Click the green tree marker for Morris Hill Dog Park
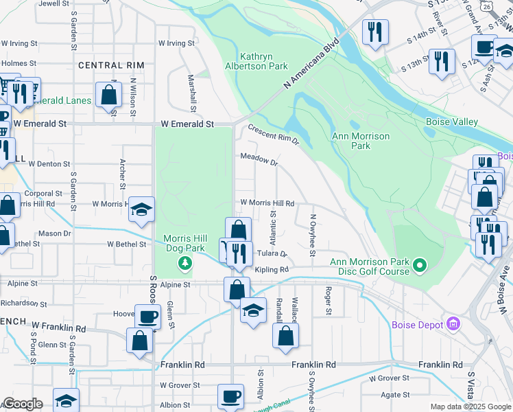coord(184,263)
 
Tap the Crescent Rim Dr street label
coord(274,134)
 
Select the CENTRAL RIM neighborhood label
coord(111,65)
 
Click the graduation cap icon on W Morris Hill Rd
coord(141,210)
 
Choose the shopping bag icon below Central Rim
coord(108,95)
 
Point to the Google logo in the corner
coord(22,404)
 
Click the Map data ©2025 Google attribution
coord(470,407)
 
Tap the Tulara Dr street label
coord(272,253)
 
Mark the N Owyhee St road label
coord(313,233)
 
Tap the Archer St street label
coord(122,174)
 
